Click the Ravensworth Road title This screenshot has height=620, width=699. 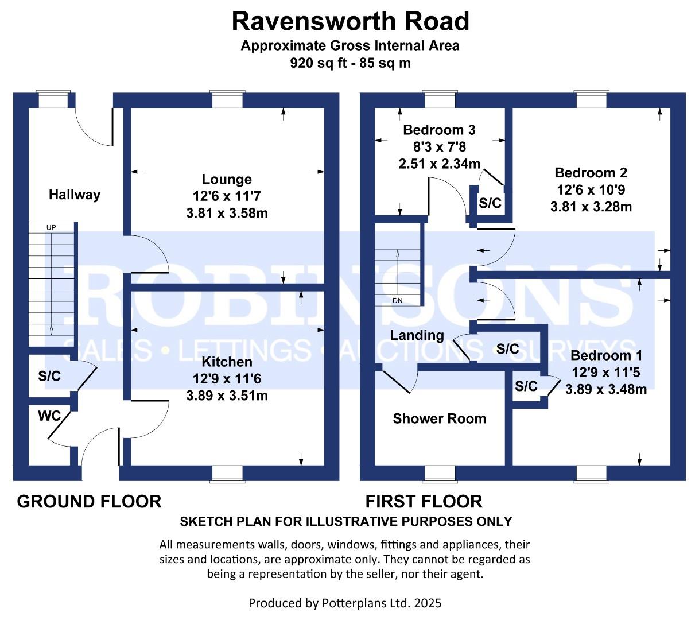pyautogui.click(x=350, y=21)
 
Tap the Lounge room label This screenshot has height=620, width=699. pyautogui.click(x=227, y=179)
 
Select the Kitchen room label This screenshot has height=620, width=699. pyautogui.click(x=227, y=362)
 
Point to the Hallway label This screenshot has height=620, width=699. pyautogui.click(x=75, y=195)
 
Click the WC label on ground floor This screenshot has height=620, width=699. pyautogui.click(x=49, y=416)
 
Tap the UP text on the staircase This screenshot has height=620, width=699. pyautogui.click(x=51, y=227)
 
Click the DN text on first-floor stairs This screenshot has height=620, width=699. pyautogui.click(x=398, y=301)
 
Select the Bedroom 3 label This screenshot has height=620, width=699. pyautogui.click(x=439, y=130)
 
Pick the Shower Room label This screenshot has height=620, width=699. pyautogui.click(x=440, y=418)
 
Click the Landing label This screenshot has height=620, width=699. pyautogui.click(x=417, y=335)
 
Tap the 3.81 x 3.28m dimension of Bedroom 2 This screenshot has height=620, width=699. pyautogui.click(x=591, y=207)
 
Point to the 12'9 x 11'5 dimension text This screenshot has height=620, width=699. pyautogui.click(x=606, y=373)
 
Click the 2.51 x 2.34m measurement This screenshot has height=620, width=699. pyautogui.click(x=440, y=164)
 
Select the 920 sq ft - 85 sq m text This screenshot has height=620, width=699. pyautogui.click(x=350, y=63)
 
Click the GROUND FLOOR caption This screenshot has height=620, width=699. pyautogui.click(x=89, y=502)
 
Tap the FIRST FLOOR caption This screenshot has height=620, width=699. pyautogui.click(x=424, y=502)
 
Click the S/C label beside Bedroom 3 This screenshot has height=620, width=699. pyautogui.click(x=490, y=203)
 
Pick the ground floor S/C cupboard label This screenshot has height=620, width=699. pyautogui.click(x=49, y=376)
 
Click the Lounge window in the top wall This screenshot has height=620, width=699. pyautogui.click(x=227, y=100)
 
